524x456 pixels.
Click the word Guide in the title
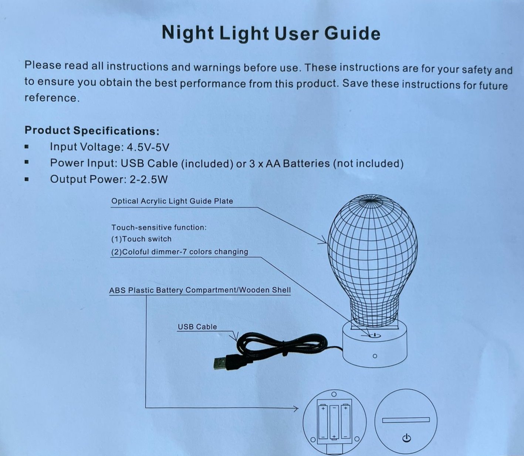(352, 34)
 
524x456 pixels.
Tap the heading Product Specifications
(92, 130)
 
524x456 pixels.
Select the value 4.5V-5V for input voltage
(148, 147)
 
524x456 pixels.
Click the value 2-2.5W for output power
(149, 179)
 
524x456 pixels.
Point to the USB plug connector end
(220, 363)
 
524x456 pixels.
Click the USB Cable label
(197, 327)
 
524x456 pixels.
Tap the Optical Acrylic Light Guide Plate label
(172, 201)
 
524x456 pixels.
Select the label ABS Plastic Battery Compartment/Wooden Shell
(200, 290)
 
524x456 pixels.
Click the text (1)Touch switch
(141, 239)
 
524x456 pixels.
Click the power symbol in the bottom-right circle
(406, 438)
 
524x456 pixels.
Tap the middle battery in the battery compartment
(334, 422)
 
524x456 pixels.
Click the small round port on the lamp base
(375, 356)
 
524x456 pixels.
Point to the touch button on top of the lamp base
(375, 335)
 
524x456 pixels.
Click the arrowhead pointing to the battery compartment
(295, 408)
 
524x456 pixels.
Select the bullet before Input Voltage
(26, 147)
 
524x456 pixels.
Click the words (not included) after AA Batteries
(368, 164)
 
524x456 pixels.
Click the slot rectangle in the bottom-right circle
(406, 420)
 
